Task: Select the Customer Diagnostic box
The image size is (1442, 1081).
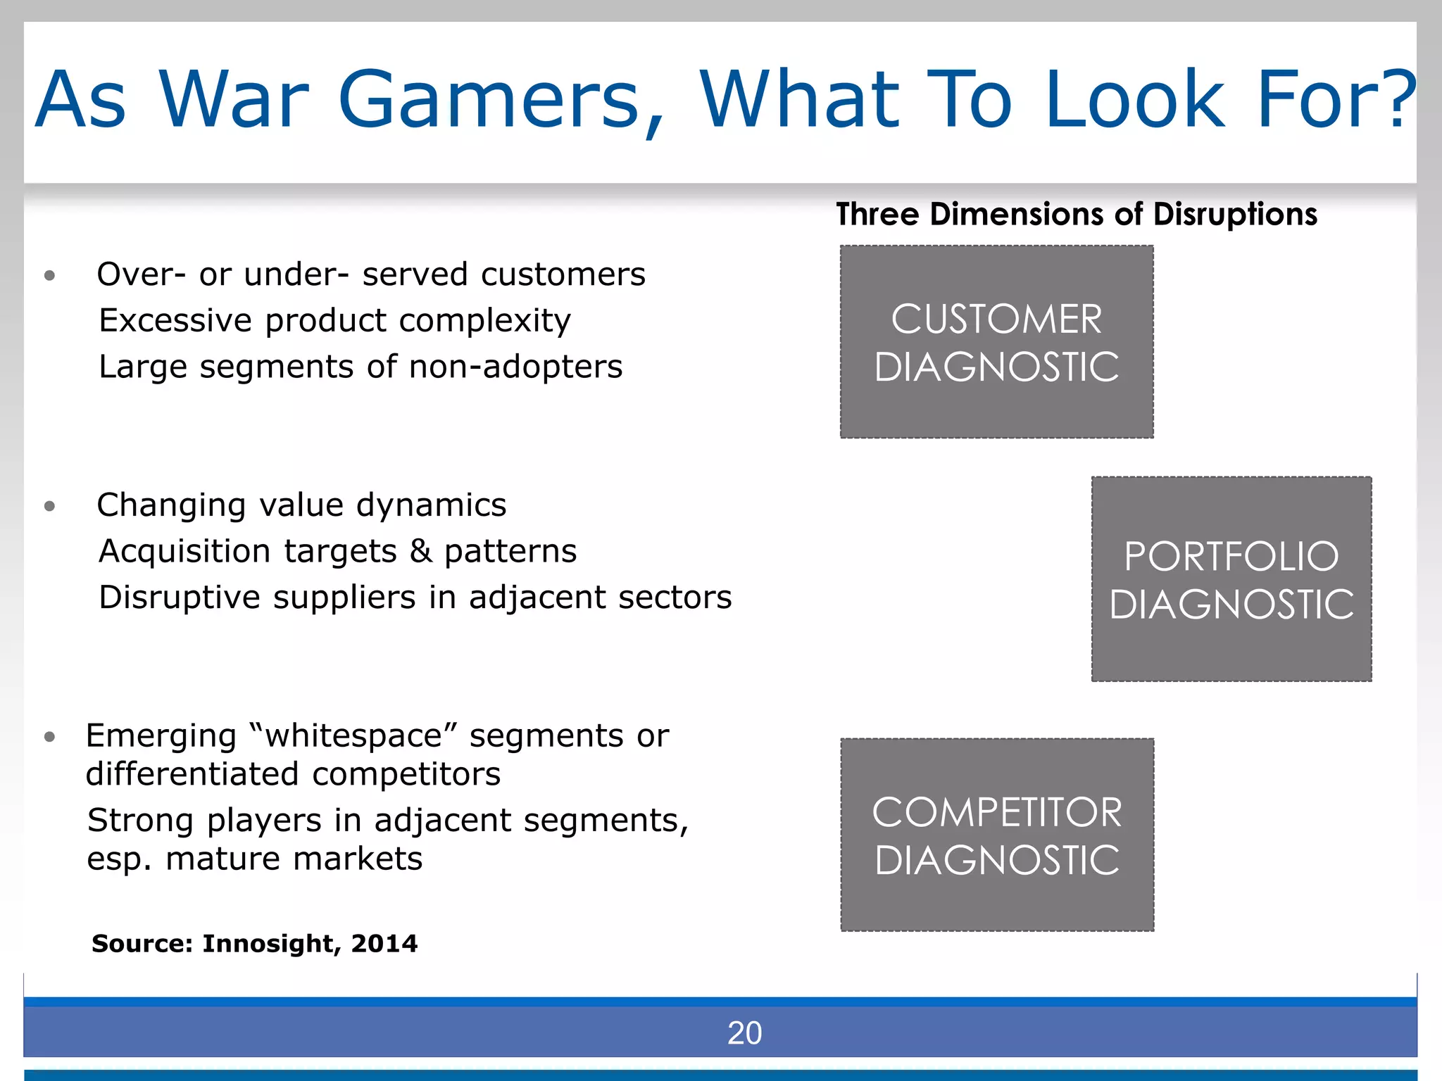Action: coord(996,342)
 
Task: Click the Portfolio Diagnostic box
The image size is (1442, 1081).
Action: coord(1231,579)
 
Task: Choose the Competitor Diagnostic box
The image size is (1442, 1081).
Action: coord(996,835)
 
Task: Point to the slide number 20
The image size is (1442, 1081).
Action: coord(744,1033)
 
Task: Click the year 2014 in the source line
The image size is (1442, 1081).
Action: coord(384,944)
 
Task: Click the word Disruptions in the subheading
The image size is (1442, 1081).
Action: coord(1235,214)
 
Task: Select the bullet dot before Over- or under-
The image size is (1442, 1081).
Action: coord(49,275)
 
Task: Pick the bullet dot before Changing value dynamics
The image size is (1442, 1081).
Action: coord(49,506)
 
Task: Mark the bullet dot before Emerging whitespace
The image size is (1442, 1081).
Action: coord(49,737)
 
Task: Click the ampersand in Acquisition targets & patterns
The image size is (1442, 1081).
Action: coord(421,551)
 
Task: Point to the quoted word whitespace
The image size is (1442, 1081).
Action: coord(353,736)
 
